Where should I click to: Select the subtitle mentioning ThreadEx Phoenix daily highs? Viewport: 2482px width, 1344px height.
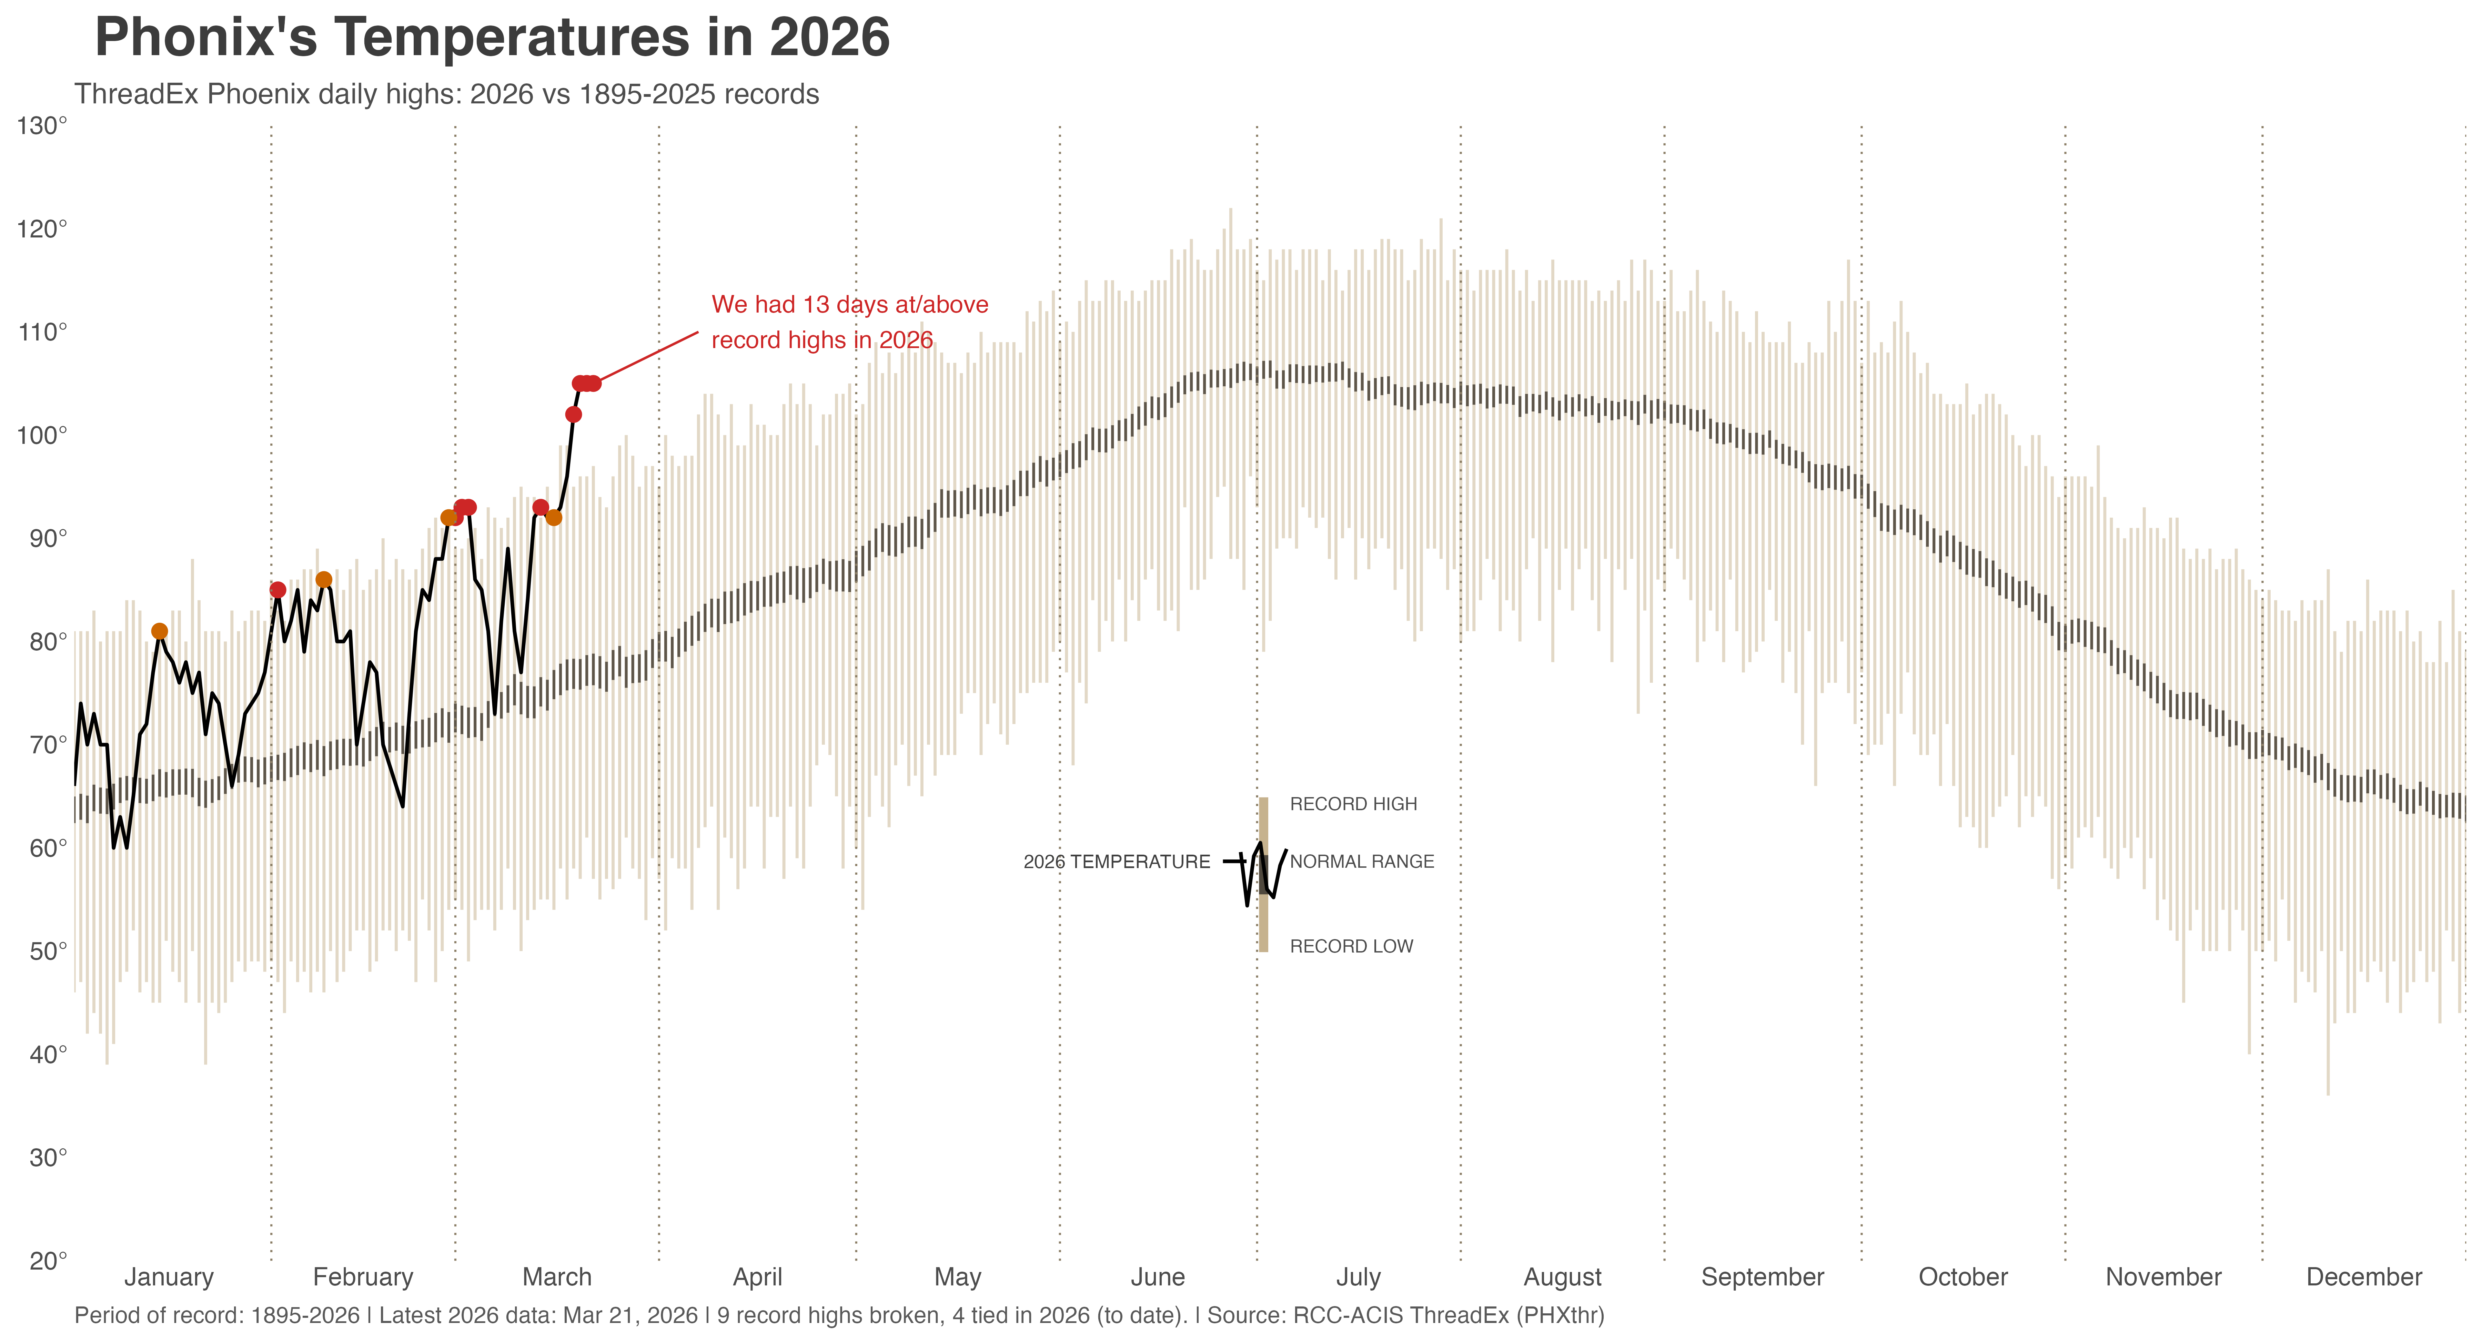point(446,94)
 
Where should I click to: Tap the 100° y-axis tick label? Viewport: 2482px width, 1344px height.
point(41,435)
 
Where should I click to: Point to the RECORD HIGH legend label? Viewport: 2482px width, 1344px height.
point(1353,804)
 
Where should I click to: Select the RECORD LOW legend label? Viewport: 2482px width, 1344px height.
point(1351,946)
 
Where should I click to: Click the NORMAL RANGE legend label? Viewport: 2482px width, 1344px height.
point(1361,861)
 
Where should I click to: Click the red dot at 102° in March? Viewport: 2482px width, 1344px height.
point(573,414)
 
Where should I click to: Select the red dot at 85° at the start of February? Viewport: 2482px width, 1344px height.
point(278,590)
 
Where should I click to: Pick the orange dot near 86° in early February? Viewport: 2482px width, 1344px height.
point(324,579)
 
